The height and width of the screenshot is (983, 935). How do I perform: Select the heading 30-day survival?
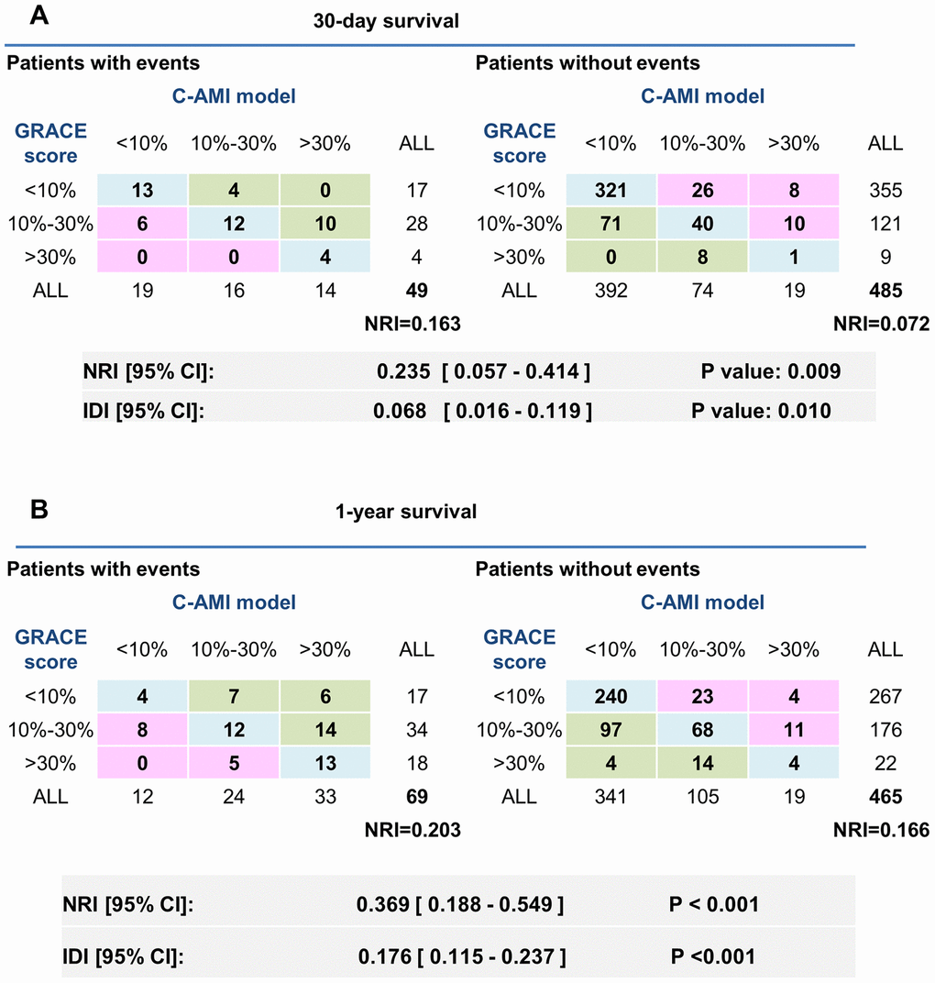384,22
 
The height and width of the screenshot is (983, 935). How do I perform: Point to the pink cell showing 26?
700,191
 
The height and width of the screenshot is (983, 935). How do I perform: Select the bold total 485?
885,292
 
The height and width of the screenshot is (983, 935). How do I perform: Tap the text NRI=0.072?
881,323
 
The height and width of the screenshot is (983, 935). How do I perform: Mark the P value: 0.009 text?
767,373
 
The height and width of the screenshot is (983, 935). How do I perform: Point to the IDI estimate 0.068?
401,410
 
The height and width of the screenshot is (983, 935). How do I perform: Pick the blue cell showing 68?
700,731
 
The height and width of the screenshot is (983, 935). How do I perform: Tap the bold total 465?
885,798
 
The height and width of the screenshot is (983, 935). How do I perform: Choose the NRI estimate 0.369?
378,905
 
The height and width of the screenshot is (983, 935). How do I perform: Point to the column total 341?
610,798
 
